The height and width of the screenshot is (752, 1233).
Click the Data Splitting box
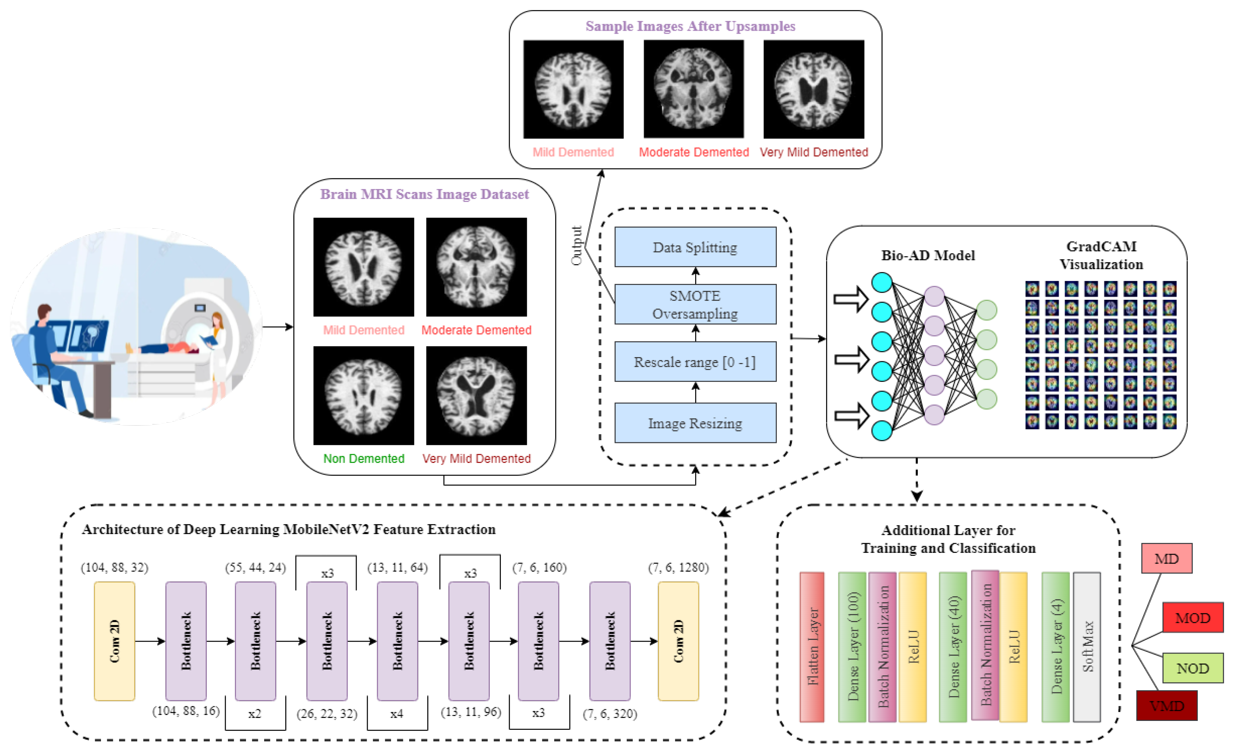pyautogui.click(x=695, y=247)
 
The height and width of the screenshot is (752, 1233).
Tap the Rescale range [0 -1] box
pyautogui.click(x=695, y=362)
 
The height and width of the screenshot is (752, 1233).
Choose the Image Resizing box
pyautogui.click(x=695, y=423)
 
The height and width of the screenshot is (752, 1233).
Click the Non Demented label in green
pyautogui.click(x=363, y=458)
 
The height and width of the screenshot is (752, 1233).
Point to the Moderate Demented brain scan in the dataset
pyautogui.click(x=476, y=266)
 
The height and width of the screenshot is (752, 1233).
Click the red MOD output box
pyautogui.click(x=1192, y=618)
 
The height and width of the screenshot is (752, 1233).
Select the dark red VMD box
pyautogui.click(x=1166, y=705)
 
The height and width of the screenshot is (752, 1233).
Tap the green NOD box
pyautogui.click(x=1192, y=668)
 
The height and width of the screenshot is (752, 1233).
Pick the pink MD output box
pyautogui.click(x=1166, y=558)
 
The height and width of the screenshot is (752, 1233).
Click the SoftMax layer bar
pyautogui.click(x=1087, y=647)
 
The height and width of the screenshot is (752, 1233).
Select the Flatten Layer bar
pyautogui.click(x=812, y=647)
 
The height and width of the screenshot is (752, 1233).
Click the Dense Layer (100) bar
pyautogui.click(x=852, y=647)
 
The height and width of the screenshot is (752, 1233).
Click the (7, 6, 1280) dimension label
pyautogui.click(x=678, y=567)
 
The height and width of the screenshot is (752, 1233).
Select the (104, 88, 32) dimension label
pyautogui.click(x=115, y=567)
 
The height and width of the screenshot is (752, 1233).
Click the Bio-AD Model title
pyautogui.click(x=928, y=255)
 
